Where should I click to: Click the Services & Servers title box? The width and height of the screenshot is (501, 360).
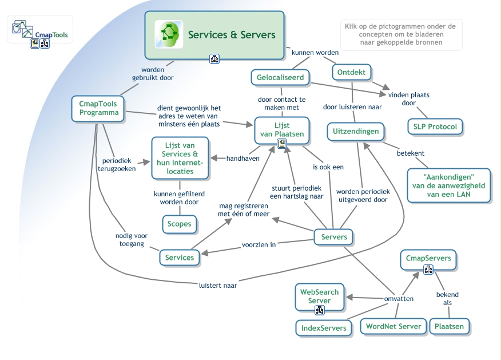pyautogui.click(x=214, y=35)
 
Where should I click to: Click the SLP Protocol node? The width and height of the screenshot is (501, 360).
pyautogui.click(x=435, y=126)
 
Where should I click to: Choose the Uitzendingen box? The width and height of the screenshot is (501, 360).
pyautogui.click(x=356, y=131)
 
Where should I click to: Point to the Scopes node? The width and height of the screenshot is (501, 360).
pyautogui.click(x=180, y=223)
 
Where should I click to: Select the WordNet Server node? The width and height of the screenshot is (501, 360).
pyautogui.click(x=393, y=326)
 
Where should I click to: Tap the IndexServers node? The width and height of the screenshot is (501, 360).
pyautogui.click(x=324, y=328)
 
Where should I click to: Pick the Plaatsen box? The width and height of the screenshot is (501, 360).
pyautogui.click(x=449, y=327)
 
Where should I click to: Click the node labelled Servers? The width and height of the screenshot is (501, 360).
pyautogui.click(x=334, y=236)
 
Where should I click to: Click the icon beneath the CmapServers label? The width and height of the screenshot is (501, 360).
pyautogui.click(x=428, y=270)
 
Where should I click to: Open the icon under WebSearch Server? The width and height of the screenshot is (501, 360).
pyautogui.click(x=320, y=311)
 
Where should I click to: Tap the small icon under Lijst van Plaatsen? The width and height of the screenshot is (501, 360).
pyautogui.click(x=281, y=144)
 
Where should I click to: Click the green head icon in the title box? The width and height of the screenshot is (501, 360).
pyautogui.click(x=169, y=34)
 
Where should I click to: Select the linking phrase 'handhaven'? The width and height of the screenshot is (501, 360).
pyautogui.click(x=243, y=159)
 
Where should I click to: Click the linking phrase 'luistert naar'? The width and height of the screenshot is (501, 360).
pyautogui.click(x=218, y=285)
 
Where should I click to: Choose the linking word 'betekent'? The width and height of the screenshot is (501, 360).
pyautogui.click(x=411, y=153)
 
